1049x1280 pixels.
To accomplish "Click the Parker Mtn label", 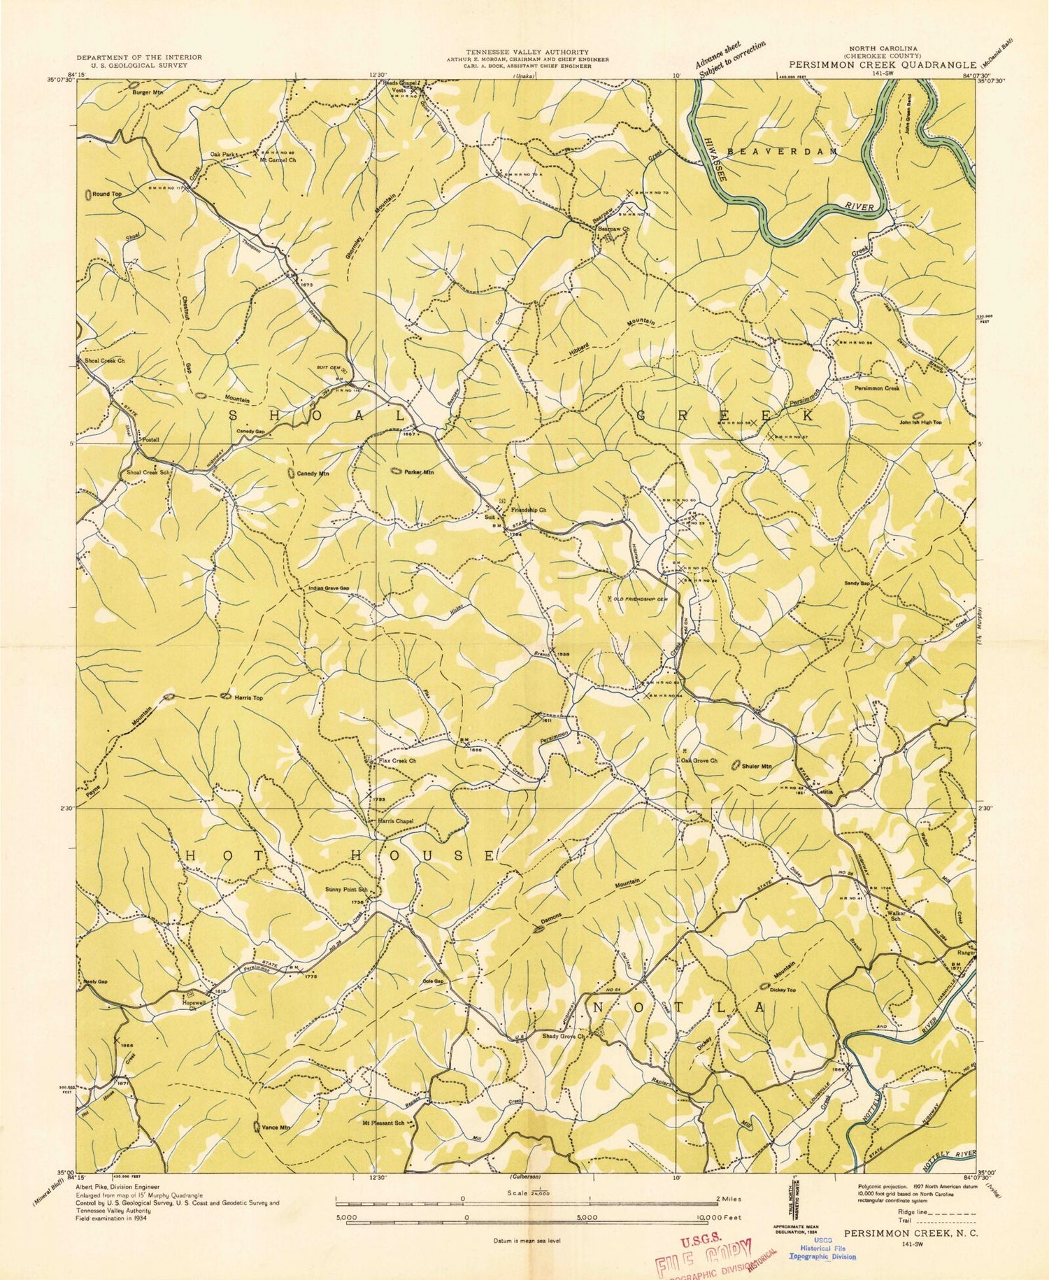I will (419, 472).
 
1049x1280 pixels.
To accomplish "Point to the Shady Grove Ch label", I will (563, 1036).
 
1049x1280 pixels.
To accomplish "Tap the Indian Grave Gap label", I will (329, 588).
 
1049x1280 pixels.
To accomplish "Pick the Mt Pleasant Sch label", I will (383, 1123).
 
